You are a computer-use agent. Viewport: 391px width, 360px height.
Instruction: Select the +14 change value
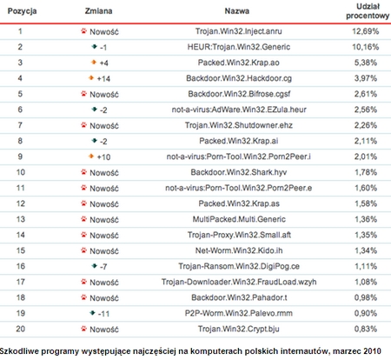[103, 80]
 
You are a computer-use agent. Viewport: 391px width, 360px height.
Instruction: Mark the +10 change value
[103, 157]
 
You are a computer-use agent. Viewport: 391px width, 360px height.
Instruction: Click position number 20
[19, 329]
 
